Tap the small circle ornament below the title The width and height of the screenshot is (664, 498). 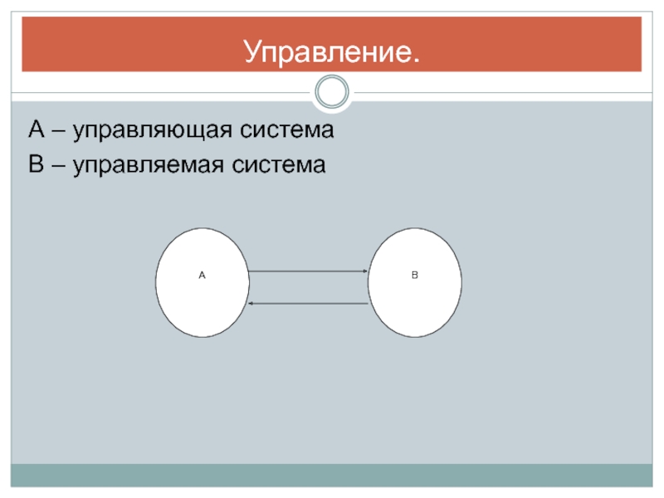(333, 92)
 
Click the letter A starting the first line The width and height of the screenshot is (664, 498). (36, 129)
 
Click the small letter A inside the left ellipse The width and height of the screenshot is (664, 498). (202, 273)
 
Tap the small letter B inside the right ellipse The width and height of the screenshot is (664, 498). (415, 273)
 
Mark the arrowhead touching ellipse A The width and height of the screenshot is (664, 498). (251, 303)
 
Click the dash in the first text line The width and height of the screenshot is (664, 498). (58, 131)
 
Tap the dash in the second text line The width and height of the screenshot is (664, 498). (58, 164)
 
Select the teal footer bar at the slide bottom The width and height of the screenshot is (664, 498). (332, 475)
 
